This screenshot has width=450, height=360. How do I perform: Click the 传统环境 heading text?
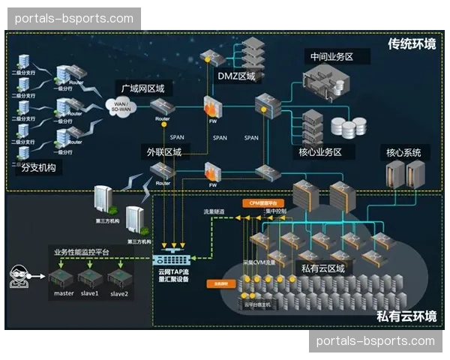click(412, 43)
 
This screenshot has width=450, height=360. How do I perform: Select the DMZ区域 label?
click(236, 76)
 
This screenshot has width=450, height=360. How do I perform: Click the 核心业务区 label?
click(320, 151)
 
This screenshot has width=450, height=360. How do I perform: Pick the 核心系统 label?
click(403, 153)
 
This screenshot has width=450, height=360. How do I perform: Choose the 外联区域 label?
click(163, 152)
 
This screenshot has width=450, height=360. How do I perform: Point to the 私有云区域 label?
click(322, 268)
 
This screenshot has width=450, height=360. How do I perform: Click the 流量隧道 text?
click(214, 212)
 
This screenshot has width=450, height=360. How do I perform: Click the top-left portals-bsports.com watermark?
click(73, 19)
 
